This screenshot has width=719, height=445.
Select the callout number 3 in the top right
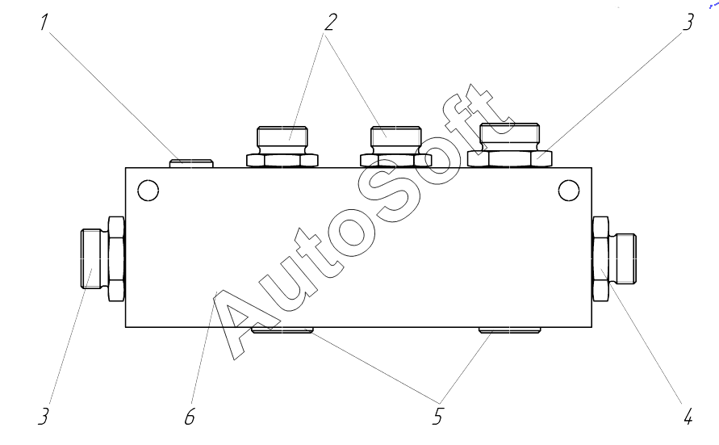(688, 22)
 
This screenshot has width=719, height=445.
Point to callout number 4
(688, 417)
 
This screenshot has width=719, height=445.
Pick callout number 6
(190, 417)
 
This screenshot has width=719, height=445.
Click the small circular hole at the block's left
(147, 191)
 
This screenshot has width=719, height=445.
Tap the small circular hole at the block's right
(569, 191)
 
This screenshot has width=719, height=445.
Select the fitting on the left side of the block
(102, 259)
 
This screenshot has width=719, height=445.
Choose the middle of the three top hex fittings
(395, 146)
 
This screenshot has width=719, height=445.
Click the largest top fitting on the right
(509, 145)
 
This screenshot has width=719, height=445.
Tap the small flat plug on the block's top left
(191, 163)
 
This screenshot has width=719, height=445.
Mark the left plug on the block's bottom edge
(282, 330)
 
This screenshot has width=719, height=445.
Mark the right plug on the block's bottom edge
(508, 330)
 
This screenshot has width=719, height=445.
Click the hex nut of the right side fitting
(601, 259)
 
